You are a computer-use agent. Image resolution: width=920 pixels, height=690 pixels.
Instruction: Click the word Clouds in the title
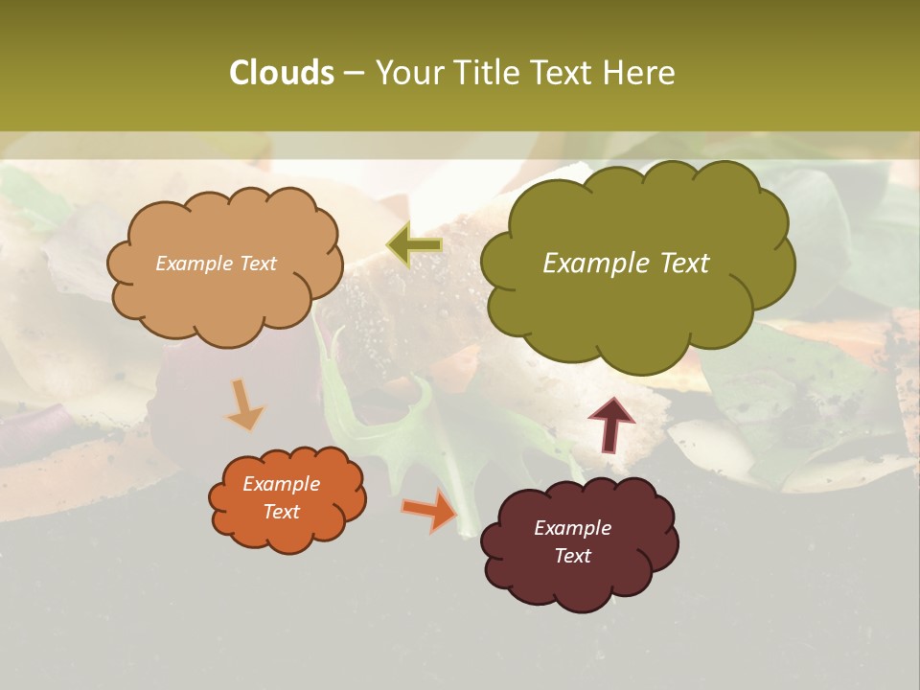[x=281, y=73]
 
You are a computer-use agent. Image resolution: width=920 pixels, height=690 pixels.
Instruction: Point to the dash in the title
[x=354, y=74]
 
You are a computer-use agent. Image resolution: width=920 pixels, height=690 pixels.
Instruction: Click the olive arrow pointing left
[x=415, y=245]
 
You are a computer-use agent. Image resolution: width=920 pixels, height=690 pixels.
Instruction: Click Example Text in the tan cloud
[x=216, y=264]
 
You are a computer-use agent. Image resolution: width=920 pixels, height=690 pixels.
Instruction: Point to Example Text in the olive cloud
[x=626, y=264]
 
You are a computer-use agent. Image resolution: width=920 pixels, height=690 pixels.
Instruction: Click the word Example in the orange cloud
[x=281, y=484]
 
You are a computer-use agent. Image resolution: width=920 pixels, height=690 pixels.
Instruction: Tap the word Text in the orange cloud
[x=281, y=512]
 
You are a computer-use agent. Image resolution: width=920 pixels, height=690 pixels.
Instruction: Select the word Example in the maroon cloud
[x=572, y=528]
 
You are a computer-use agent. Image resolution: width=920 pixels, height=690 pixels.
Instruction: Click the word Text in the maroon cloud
[x=572, y=556]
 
